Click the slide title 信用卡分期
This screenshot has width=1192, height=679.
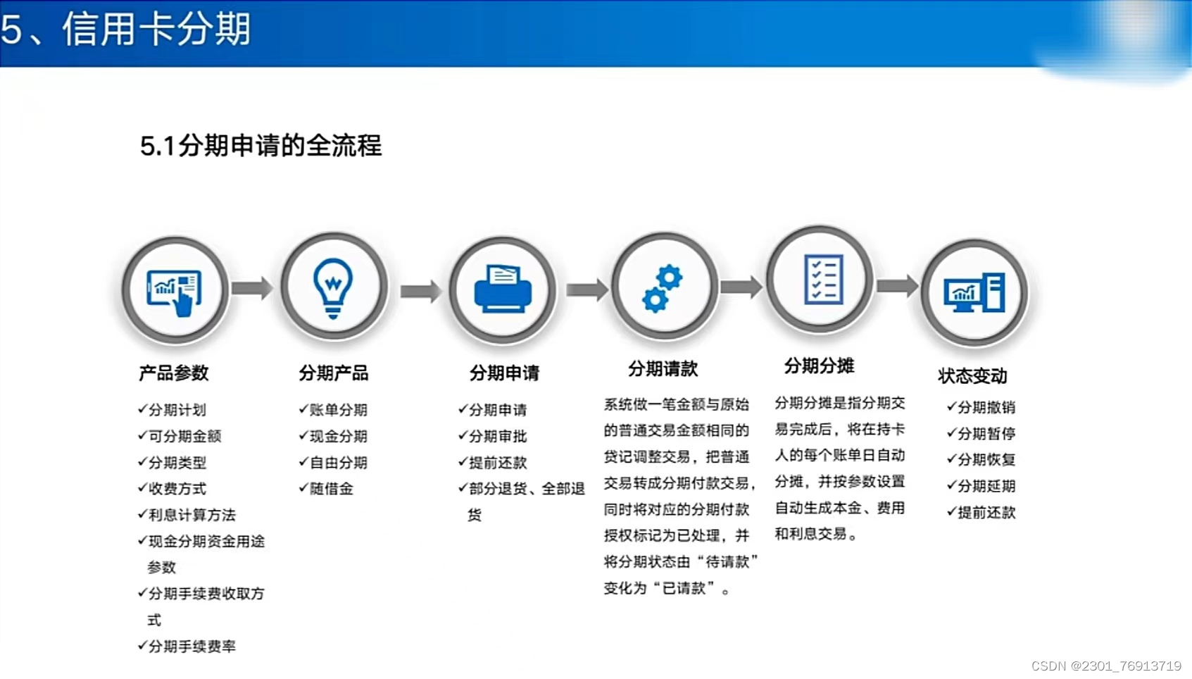[156, 30]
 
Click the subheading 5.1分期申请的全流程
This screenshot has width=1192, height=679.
[261, 146]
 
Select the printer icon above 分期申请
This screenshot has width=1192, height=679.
[503, 289]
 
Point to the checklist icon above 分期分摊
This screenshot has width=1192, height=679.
[822, 279]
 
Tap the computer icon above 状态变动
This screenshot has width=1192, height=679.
[974, 293]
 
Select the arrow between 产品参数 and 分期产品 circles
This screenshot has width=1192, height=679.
[252, 288]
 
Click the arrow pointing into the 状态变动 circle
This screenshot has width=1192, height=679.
[898, 286]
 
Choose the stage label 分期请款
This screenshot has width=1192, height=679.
[663, 368]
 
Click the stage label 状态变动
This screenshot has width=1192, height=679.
[972, 375]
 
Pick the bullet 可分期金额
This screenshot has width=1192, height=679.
[184, 436]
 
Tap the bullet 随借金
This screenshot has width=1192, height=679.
[331, 489]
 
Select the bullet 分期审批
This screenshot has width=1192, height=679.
[497, 436]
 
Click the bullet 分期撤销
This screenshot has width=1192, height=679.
[986, 407]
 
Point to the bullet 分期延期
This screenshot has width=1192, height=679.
[986, 486]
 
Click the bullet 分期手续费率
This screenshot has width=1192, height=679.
[192, 646]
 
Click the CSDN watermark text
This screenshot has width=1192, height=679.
[1106, 666]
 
